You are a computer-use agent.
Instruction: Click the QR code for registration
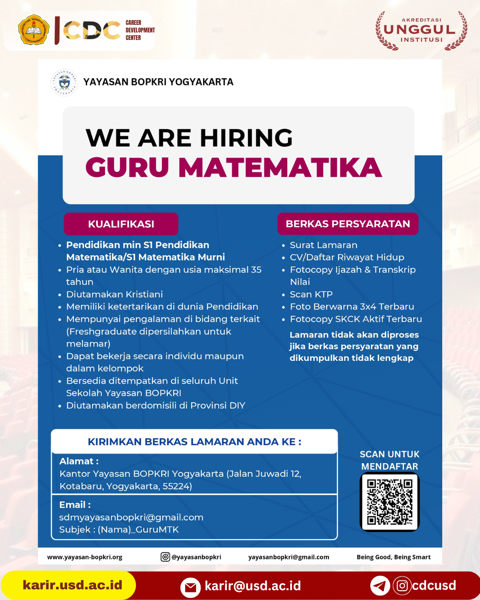click(390, 502)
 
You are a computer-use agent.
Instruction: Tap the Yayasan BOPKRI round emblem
click(64, 83)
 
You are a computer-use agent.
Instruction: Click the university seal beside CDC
click(34, 30)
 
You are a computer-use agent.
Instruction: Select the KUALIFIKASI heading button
click(121, 224)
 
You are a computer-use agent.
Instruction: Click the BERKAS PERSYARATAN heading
click(348, 224)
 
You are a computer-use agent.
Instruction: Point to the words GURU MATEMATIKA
click(233, 168)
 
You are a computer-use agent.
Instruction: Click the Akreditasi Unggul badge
click(420, 30)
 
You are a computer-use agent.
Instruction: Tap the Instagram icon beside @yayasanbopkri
click(165, 557)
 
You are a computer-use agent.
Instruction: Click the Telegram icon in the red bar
click(380, 586)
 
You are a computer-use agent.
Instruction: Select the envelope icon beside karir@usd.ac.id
click(190, 587)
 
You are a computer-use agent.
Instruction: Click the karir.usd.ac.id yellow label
click(72, 585)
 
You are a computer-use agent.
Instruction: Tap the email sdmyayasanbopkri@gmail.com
click(131, 517)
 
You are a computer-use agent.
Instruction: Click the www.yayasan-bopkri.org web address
click(84, 557)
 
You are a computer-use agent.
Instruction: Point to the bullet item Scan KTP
click(311, 294)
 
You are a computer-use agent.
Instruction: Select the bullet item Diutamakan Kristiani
click(114, 294)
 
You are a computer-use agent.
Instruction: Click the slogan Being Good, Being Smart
click(393, 557)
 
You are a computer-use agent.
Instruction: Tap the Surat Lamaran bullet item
click(323, 245)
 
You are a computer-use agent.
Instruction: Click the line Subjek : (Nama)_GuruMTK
click(119, 530)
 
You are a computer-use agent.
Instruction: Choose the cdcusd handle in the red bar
click(434, 585)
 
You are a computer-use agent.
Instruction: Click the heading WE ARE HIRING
click(189, 138)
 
